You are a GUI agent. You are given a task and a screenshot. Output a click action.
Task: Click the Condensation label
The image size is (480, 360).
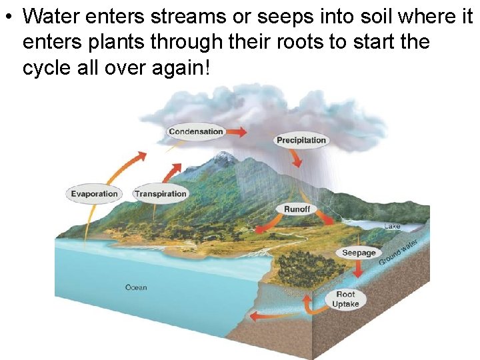(x=195, y=131)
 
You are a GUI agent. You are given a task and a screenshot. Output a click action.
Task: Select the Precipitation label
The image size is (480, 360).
(x=301, y=140)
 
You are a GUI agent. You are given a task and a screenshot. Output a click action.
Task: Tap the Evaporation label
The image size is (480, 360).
(x=94, y=194)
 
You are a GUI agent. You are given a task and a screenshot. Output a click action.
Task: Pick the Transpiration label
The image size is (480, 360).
(x=160, y=194)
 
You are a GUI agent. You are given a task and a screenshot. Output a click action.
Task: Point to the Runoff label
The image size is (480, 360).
(x=297, y=209)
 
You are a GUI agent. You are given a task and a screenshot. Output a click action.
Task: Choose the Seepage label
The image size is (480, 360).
(x=359, y=253)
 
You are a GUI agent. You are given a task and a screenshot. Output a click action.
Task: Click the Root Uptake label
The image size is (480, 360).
(x=345, y=299)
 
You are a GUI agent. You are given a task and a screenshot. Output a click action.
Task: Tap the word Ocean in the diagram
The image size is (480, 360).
(x=136, y=288)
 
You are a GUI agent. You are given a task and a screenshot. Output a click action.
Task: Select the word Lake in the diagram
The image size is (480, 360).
(x=392, y=227)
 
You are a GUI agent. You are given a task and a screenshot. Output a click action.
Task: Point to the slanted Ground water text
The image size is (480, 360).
(x=399, y=251)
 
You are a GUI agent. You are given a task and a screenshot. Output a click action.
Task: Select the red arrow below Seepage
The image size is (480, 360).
(x=358, y=269)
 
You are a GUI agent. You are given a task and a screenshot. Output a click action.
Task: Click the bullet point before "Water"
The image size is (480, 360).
(x=8, y=16)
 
